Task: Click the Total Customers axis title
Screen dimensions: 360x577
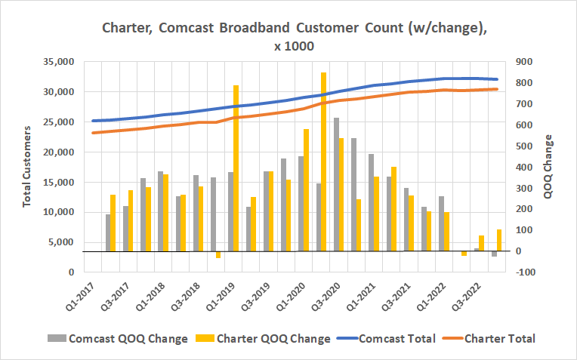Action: tap(27, 167)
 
